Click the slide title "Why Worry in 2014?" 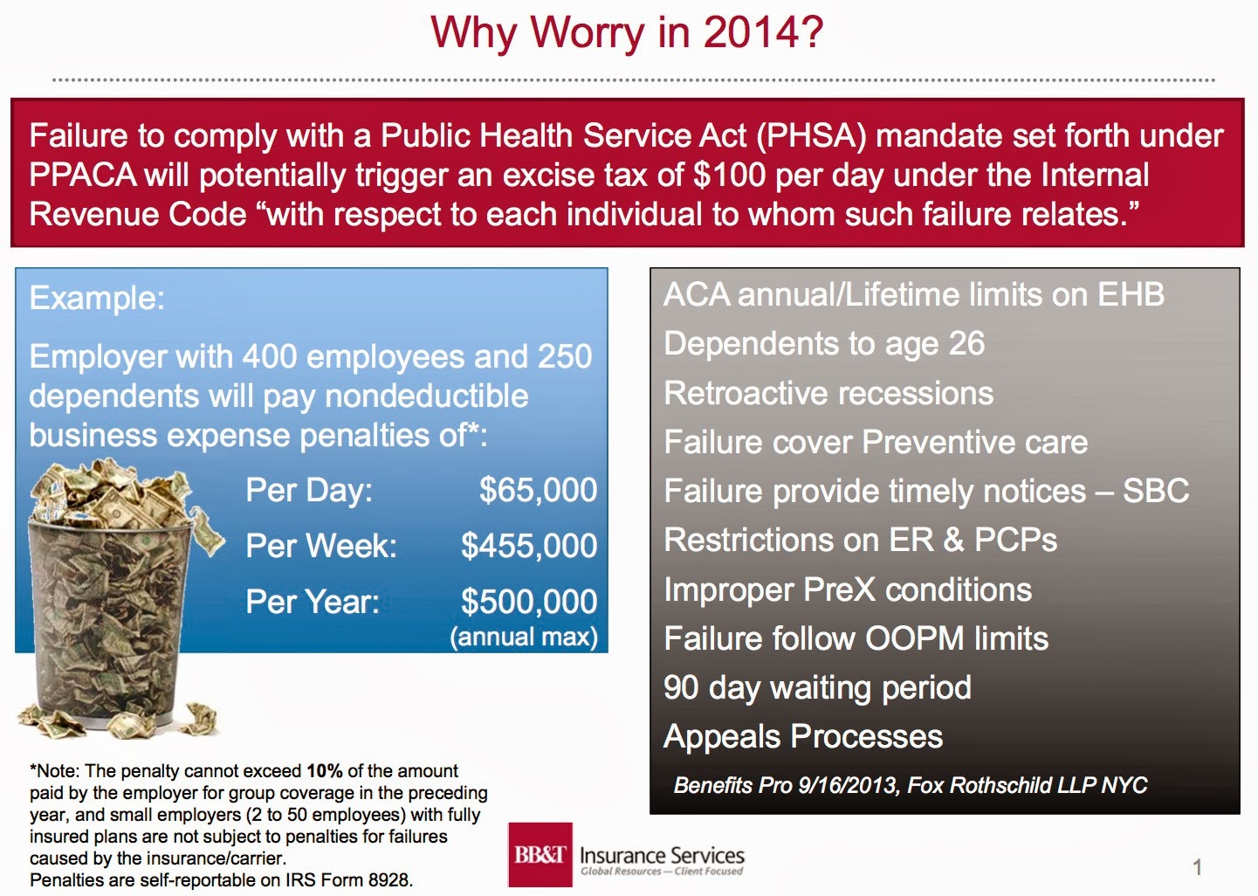point(627,33)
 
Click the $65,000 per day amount point(538,490)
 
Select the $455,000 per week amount point(529,546)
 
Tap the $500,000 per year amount point(529,602)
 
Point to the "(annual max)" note point(524,637)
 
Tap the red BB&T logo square point(540,854)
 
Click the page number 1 point(1198,867)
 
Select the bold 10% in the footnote point(324,771)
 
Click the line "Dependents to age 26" point(824,344)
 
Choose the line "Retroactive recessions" point(828,393)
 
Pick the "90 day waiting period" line point(817,687)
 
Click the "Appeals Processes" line point(803,736)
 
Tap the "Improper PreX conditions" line point(848,589)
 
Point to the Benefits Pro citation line point(910,785)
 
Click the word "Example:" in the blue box point(97,298)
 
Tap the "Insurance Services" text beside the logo point(662,855)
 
